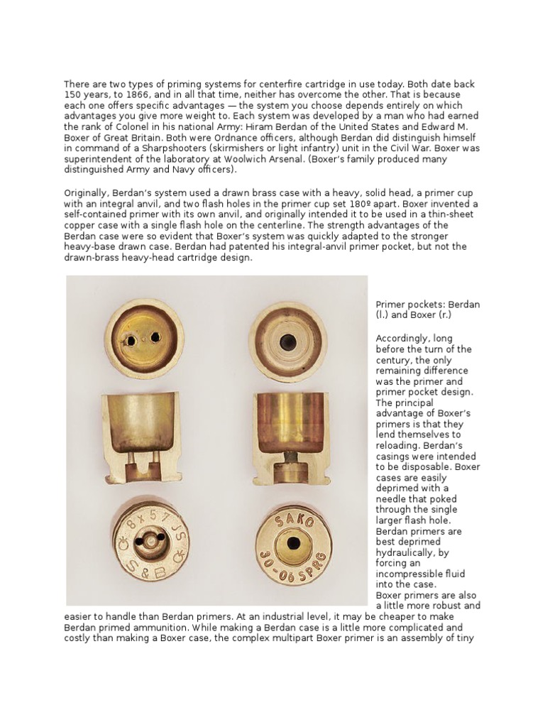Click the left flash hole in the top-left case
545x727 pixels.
click(131, 341)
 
